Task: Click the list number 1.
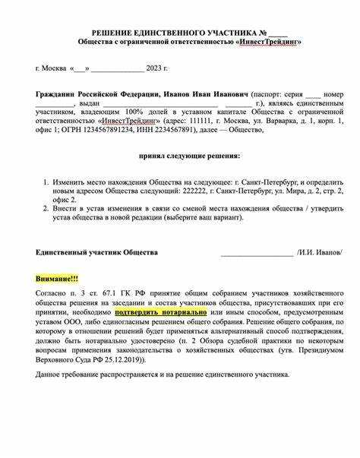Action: coord(46,183)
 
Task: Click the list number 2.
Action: coord(46,205)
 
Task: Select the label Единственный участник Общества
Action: coord(97,252)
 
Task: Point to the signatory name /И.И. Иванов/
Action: coord(320,252)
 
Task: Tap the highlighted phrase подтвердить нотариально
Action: coord(161,312)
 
